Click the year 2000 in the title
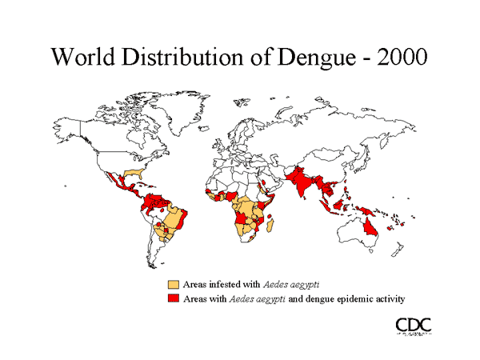399,58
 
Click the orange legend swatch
173,285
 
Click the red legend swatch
173,298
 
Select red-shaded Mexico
115,182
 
